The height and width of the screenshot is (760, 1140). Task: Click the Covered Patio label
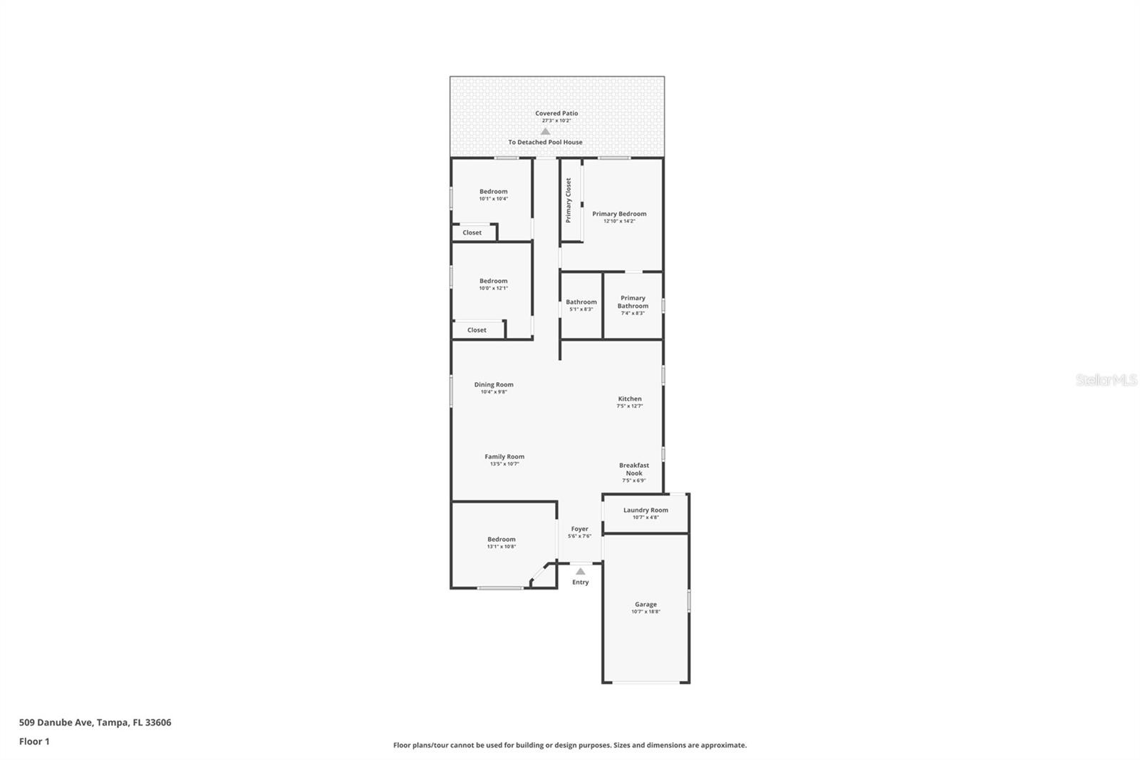point(556,113)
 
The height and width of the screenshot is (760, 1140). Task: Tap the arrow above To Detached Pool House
point(545,132)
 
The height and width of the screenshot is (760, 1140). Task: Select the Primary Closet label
point(569,200)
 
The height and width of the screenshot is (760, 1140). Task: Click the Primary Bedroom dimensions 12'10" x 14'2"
point(619,221)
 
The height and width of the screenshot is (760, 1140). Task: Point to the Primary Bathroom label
point(633,302)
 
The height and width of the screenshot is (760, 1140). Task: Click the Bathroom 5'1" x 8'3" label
point(581,305)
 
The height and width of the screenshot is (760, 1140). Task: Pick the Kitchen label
point(630,399)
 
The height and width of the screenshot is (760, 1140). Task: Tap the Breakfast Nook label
point(634,469)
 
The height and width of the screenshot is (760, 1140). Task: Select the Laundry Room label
point(646,510)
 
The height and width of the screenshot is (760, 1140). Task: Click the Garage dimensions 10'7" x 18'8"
point(646,612)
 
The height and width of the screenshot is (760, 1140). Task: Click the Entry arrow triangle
point(581,571)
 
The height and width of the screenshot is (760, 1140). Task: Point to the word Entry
point(581,582)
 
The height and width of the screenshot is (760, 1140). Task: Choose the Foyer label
point(579,529)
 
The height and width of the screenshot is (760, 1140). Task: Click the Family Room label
point(504,457)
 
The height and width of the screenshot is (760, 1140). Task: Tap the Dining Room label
point(494,384)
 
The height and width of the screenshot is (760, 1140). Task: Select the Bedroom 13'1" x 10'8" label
point(502,543)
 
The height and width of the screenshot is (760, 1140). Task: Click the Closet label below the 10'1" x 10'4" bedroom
point(472,232)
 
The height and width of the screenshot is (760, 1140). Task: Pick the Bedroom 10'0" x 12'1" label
point(493,284)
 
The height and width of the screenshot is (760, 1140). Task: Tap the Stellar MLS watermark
point(1107,381)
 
